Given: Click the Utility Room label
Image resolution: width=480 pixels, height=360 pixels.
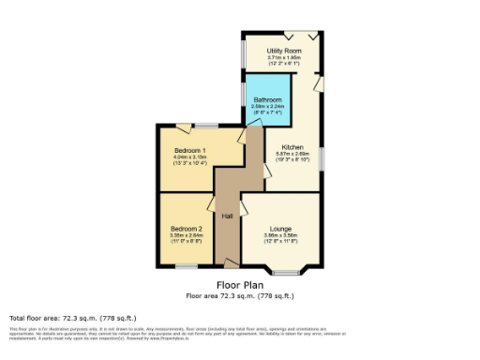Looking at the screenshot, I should pos(283,50).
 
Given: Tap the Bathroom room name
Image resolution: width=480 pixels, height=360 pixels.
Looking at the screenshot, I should pos(267,98).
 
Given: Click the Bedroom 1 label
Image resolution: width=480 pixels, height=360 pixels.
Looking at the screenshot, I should pos(189,150).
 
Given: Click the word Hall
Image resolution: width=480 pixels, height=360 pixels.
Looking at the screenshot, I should pos(227,217).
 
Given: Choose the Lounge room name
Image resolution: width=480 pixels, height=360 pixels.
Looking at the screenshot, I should pos(280,228).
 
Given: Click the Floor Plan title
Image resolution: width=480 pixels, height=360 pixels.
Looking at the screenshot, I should pos(240,284).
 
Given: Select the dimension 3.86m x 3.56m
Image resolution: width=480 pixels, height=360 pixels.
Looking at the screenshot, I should pos(280,235).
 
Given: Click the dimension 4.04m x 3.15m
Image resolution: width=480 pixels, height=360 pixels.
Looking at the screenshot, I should pos(189,157).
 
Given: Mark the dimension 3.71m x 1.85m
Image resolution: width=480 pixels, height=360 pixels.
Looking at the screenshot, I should pos(283,57).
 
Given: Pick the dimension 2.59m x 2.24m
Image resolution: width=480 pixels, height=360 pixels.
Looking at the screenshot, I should pos(267,106).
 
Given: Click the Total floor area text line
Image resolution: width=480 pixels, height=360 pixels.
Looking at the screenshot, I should pos(57,318).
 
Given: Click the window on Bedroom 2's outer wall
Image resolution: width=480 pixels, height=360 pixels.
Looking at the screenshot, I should pos(187,266).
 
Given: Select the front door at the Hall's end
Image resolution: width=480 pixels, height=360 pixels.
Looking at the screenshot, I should pos(228,265).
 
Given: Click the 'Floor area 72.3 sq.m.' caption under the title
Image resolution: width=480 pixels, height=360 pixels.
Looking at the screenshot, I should pos(240,295).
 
